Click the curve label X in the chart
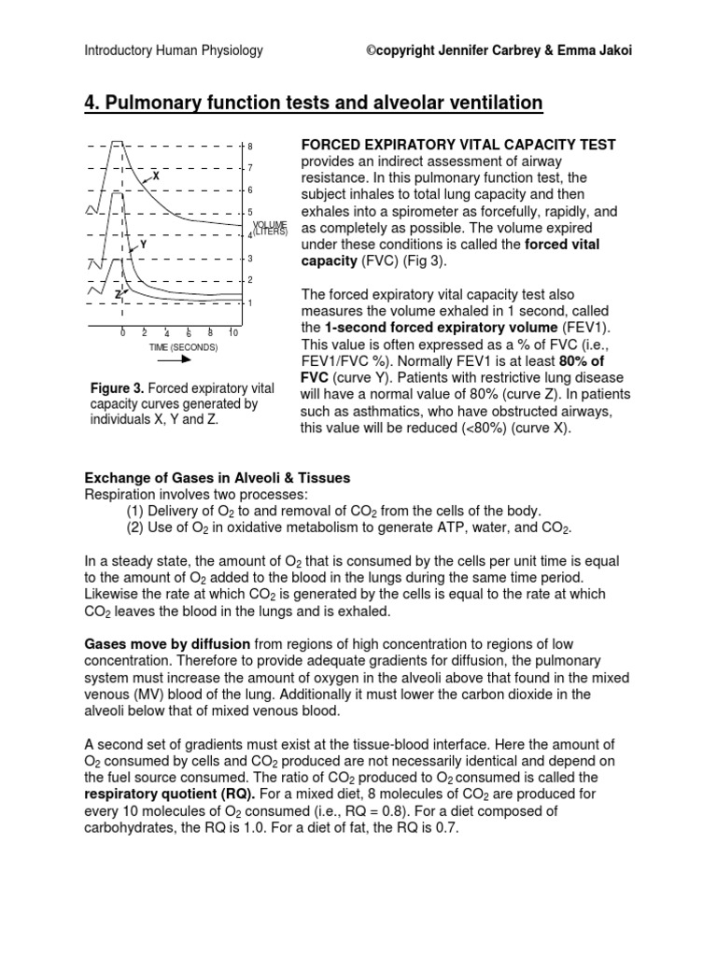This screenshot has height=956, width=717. (156, 176)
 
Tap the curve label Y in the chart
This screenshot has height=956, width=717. (143, 244)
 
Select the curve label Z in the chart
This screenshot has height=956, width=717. (118, 293)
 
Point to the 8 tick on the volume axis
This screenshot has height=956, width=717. (250, 147)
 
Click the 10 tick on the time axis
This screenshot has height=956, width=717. (233, 333)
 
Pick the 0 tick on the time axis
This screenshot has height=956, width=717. (122, 333)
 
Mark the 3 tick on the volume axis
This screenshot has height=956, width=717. (250, 258)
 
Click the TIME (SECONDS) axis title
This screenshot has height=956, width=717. (183, 347)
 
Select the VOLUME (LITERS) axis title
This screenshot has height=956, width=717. (269, 229)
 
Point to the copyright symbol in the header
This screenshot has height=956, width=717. (371, 51)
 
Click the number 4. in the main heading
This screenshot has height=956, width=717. (93, 103)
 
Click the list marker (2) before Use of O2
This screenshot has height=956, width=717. (136, 528)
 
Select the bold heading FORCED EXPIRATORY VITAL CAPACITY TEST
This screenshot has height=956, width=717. (457, 145)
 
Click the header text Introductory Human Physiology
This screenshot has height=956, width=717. (174, 51)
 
